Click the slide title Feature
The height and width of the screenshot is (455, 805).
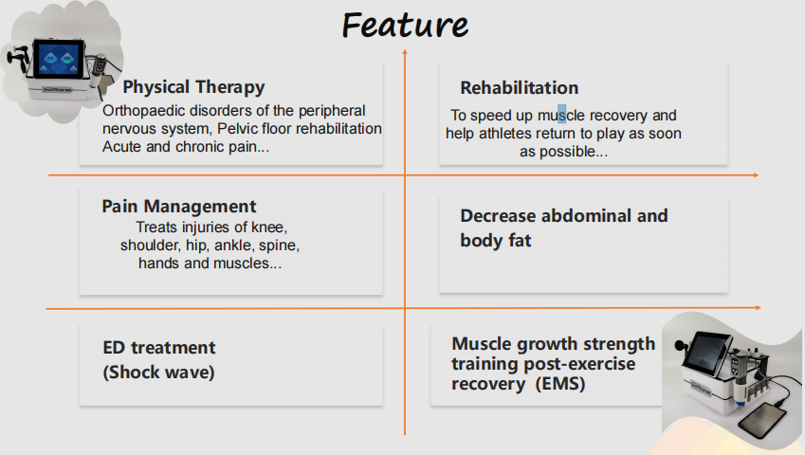(x=405, y=26)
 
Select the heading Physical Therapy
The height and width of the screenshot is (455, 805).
(x=193, y=87)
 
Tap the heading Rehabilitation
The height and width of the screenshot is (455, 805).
(x=519, y=88)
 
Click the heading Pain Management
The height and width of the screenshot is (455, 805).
(x=178, y=207)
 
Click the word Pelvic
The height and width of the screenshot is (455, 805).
(x=236, y=128)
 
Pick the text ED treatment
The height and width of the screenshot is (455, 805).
(x=159, y=348)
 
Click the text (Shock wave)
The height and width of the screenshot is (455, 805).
(x=158, y=373)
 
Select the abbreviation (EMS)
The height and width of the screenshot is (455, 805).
(x=560, y=384)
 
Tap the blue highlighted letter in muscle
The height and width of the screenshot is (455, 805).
(x=561, y=115)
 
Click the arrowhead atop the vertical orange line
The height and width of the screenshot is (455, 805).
(x=405, y=52)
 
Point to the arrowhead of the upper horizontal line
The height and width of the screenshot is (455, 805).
(x=756, y=175)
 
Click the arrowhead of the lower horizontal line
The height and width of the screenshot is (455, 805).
(x=759, y=308)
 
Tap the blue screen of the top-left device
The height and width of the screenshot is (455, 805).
(x=59, y=60)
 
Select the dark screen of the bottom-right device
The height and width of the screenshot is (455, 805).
(x=708, y=352)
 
